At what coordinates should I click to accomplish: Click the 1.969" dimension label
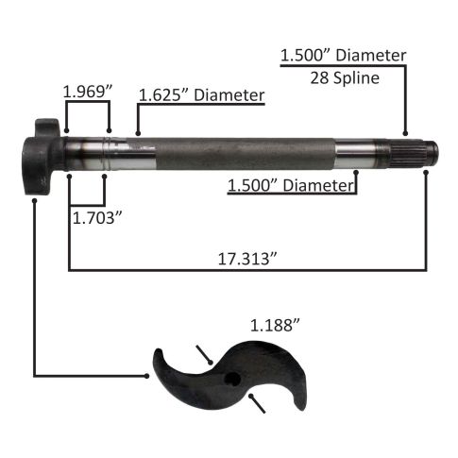point(88,92)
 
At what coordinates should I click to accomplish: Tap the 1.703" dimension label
point(97,218)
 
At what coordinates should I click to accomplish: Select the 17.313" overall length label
point(247,260)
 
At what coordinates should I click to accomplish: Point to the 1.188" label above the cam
point(275,325)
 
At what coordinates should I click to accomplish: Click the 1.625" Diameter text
point(201,95)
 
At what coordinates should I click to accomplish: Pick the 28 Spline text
point(345,78)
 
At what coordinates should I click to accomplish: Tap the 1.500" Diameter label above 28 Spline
point(343,56)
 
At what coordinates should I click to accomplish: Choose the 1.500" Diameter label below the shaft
point(291,186)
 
